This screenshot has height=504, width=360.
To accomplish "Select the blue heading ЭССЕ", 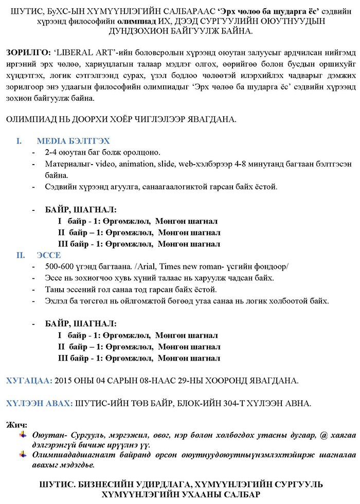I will coord(49,255).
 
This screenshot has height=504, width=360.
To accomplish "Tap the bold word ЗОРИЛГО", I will coord(26,53).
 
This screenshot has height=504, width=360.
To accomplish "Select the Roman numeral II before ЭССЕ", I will coord(19,255).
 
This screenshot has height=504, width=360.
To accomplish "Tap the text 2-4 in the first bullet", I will coord(51,153).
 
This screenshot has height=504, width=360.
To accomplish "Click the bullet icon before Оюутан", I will coord(23,435).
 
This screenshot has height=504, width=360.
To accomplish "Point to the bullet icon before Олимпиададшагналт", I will coord(23,455).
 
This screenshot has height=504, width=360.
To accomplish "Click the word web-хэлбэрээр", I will coord(194,164).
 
